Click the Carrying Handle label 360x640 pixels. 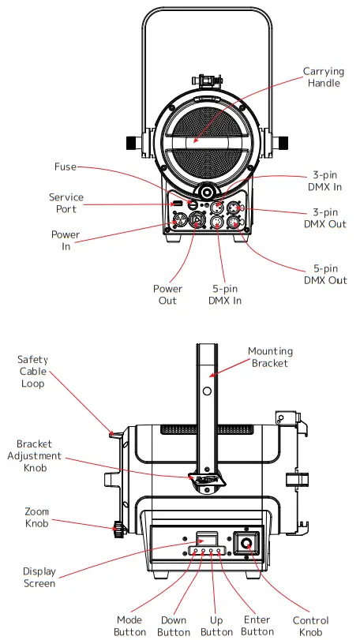(x=323, y=77)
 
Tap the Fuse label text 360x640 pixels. (x=65, y=167)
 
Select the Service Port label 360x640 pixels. (x=66, y=203)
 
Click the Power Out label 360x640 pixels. (x=167, y=294)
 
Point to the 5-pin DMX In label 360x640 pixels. (x=225, y=294)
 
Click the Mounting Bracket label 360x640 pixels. (x=270, y=357)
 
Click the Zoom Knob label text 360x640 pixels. (x=36, y=517)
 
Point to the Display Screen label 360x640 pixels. (x=39, y=577)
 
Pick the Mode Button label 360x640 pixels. (x=129, y=626)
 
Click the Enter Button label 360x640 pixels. (x=257, y=626)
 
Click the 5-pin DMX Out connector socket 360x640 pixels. (x=234, y=223)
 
